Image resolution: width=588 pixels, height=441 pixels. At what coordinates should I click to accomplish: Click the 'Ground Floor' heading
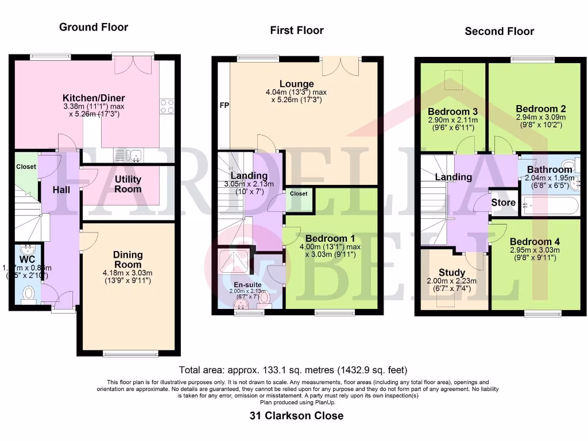(x=94, y=27)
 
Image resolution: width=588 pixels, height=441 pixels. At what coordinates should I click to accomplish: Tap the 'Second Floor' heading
(x=499, y=31)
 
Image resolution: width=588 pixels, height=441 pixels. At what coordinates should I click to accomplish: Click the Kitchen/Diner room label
(x=94, y=98)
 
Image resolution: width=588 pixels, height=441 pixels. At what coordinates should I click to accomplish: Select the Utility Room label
(x=127, y=184)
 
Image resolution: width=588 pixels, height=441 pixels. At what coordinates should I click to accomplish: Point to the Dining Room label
(x=127, y=260)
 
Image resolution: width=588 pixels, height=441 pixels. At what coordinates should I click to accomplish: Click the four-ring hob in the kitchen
(x=167, y=106)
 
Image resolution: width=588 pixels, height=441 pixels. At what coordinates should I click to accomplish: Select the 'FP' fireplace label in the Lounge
(x=223, y=106)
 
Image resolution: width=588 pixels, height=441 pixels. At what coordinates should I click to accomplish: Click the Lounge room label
(x=296, y=84)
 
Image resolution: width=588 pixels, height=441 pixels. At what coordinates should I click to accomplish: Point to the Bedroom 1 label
(x=326, y=238)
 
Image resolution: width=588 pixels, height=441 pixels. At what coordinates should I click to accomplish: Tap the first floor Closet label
(x=299, y=194)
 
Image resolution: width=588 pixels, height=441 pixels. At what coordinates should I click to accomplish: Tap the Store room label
(x=504, y=203)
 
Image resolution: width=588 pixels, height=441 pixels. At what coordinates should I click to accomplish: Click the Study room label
(x=452, y=272)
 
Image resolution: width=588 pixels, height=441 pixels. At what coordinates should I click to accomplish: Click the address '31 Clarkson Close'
(x=296, y=416)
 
